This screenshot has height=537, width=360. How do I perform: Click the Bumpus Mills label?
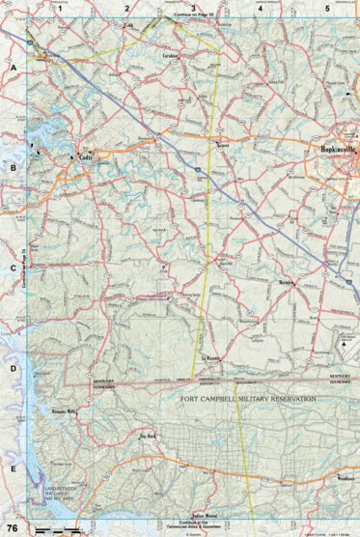[x=63, y=411]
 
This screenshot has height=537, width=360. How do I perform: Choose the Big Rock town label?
[x=148, y=436]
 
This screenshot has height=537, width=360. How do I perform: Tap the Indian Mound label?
[x=205, y=515]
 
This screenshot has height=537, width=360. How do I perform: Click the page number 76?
[x=13, y=527]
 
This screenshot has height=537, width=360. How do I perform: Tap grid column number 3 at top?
[x=193, y=9]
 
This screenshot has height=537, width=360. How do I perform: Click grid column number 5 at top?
[x=326, y=9]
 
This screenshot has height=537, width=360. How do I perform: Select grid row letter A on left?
[x=14, y=69]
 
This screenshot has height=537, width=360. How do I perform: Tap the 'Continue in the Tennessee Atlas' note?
[x=193, y=523]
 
